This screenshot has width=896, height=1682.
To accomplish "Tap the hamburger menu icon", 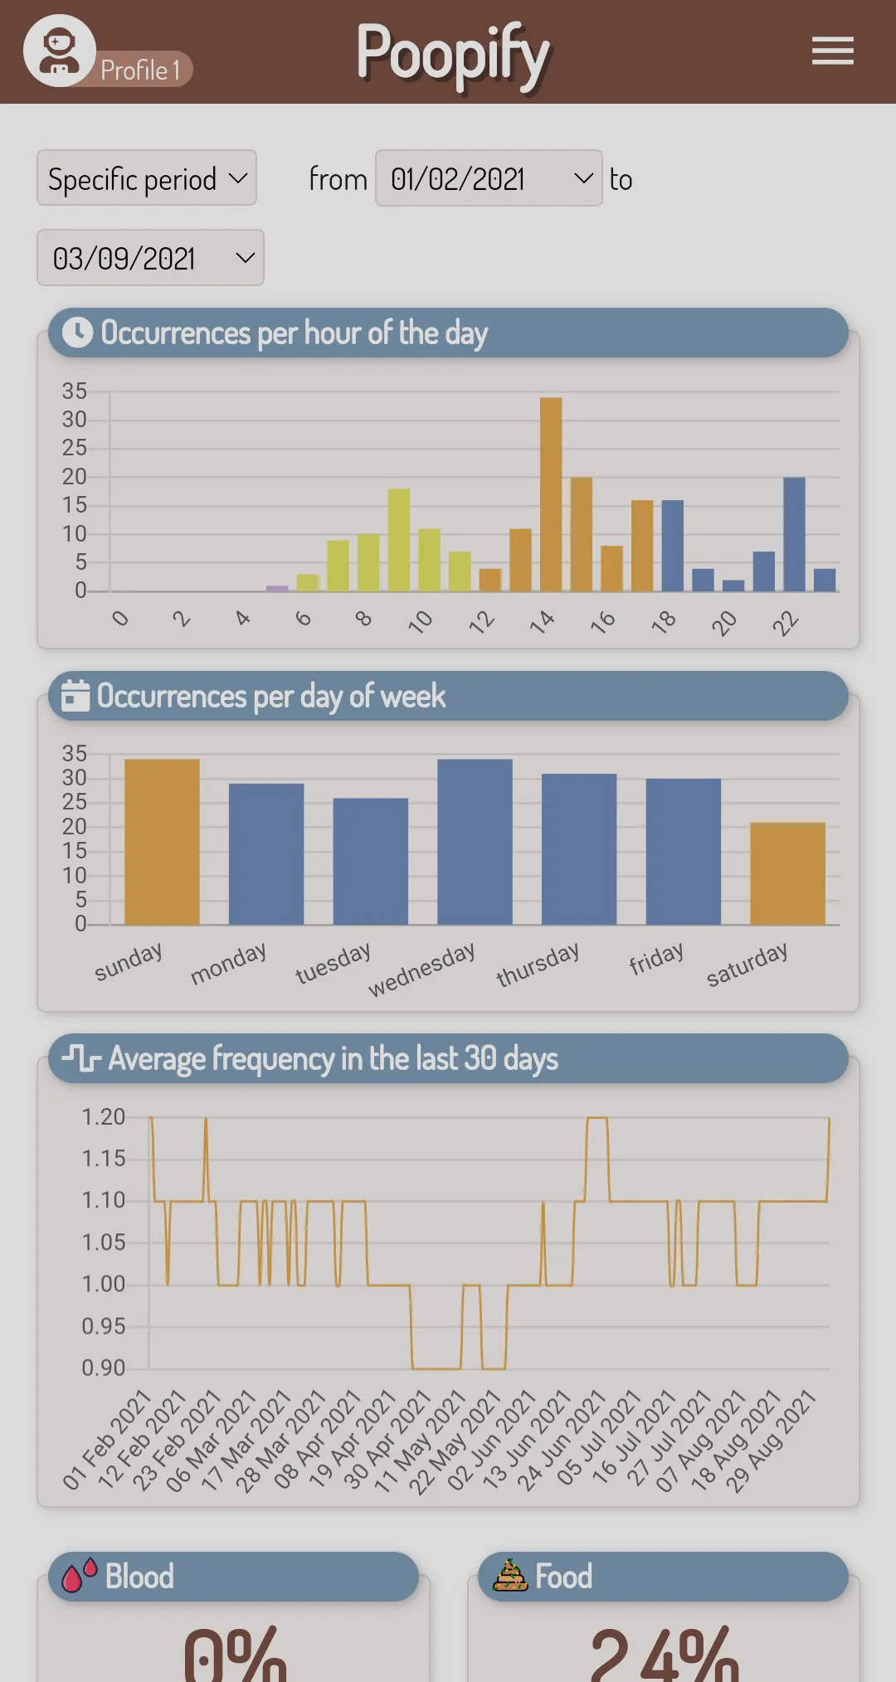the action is coord(833,51).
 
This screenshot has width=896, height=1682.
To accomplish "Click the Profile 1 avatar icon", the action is coord(60,51).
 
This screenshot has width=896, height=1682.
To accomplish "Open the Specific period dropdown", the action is coord(147,177).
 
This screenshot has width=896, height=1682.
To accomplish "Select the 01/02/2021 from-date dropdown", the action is coord(489,177).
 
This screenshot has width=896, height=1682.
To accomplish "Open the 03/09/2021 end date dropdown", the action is coord(150,258).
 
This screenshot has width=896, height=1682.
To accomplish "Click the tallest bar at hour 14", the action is coord(551,494).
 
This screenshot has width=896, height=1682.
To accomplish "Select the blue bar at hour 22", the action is coord(794,534).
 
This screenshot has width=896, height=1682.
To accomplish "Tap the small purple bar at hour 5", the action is coord(277,588).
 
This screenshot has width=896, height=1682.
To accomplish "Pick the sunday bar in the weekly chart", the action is coord(162,841).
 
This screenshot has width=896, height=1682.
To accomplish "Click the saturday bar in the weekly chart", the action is coord(787,873).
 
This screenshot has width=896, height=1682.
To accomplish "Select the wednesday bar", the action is coord(475,841).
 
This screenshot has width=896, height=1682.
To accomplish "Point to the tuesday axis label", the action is coord(334,963).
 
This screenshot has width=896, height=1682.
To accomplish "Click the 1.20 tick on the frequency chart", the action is coord(104,1117).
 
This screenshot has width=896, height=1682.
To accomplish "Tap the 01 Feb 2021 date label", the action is coord(107,1439).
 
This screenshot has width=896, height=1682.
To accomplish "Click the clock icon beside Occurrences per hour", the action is coord(78,333).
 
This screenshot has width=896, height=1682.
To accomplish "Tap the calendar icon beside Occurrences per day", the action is coord(75,696).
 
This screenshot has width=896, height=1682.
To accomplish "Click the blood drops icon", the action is coord(80,1575).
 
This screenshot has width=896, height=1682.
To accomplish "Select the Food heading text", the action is coord(564,1576).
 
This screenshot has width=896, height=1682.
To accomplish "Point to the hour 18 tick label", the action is coord(664,621).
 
